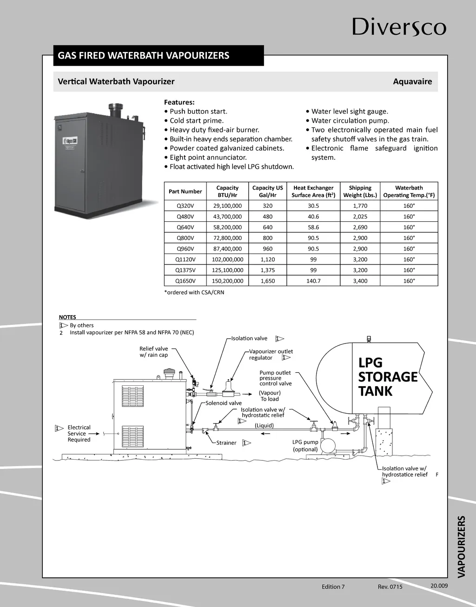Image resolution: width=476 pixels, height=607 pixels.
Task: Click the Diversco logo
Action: click(399, 27)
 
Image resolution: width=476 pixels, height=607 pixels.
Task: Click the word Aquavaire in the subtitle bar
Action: click(412, 82)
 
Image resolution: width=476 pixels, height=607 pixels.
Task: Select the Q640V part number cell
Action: click(185, 227)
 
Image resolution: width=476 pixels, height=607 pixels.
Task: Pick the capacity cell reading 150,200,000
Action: click(227, 281)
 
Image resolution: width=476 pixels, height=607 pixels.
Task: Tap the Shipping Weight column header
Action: click(360, 191)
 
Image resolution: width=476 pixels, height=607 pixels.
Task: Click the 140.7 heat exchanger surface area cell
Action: click(313, 281)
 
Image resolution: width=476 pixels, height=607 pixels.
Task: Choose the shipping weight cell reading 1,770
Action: click(360, 206)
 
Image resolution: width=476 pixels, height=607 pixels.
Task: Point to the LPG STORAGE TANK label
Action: click(387, 376)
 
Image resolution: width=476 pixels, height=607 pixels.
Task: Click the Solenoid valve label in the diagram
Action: click(224, 403)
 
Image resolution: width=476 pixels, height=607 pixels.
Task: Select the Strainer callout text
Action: click(226, 443)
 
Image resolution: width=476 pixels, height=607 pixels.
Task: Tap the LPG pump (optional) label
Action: click(305, 446)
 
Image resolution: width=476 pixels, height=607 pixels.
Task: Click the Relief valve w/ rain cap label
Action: click(154, 352)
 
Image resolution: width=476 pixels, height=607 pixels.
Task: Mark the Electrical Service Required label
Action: click(79, 434)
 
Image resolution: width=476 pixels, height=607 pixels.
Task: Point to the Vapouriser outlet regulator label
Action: click(271, 355)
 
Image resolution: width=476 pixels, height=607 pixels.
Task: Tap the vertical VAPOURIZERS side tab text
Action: click(461, 546)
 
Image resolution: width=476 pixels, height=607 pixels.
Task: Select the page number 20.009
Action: click(439, 586)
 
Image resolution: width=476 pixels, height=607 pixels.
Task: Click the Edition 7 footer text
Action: click(333, 587)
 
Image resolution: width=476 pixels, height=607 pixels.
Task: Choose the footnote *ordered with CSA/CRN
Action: click(194, 292)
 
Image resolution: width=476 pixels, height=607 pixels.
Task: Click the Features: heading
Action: click(179, 102)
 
